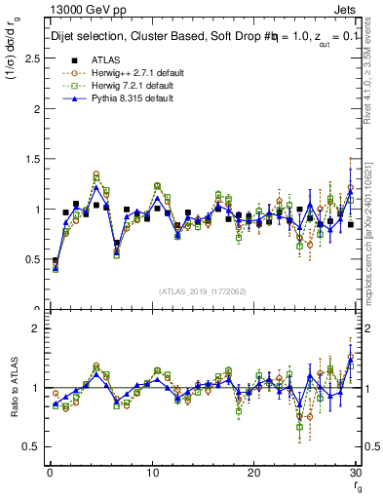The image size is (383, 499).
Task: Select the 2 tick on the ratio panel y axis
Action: click(x=32, y=328)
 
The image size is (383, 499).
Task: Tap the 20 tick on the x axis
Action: click(x=253, y=472)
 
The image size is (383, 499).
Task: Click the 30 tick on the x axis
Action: click(x=355, y=472)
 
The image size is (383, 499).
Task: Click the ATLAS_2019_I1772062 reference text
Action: click(x=202, y=291)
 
